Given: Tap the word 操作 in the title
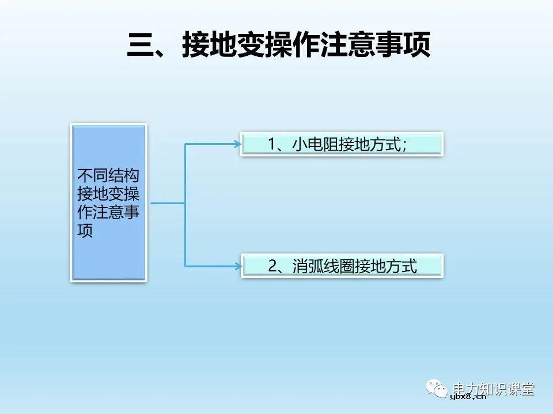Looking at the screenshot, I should (x=292, y=45).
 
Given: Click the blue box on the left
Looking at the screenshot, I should (x=108, y=202).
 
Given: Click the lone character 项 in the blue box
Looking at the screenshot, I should (x=85, y=231).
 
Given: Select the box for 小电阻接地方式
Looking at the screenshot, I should (x=342, y=144).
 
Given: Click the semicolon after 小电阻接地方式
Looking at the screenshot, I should (x=405, y=146).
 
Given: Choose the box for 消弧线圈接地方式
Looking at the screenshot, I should (x=342, y=266).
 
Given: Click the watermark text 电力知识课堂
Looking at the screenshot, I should (x=494, y=389).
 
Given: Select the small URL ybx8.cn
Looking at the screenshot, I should (x=468, y=397).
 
